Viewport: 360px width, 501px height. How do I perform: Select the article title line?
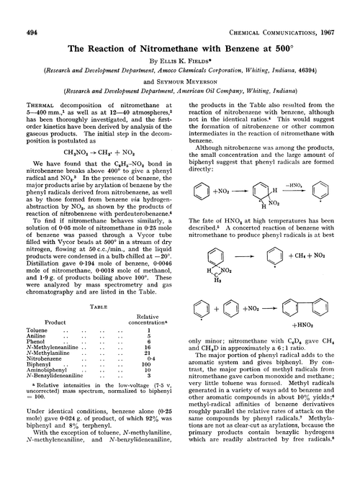point(179,32)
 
